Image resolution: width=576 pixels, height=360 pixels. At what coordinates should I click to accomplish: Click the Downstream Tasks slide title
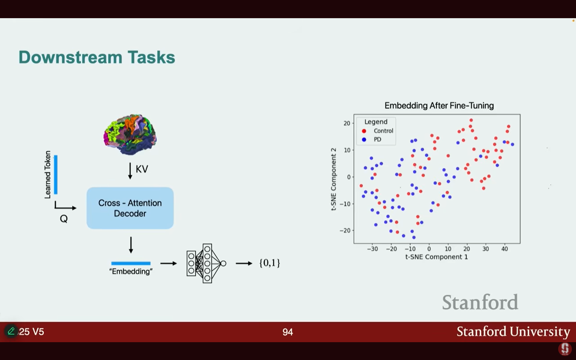click(x=97, y=57)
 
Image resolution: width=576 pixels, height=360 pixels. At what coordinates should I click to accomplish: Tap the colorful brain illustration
click(x=130, y=134)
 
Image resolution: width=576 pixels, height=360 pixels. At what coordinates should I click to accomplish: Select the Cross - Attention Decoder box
click(x=130, y=208)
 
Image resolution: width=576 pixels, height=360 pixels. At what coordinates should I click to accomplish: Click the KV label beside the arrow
click(x=142, y=169)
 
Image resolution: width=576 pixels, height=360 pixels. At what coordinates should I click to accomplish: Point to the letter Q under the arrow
click(x=64, y=219)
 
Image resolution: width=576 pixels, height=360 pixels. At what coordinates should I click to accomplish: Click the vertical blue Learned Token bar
click(x=56, y=175)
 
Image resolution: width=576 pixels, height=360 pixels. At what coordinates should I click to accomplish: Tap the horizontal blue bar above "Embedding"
click(x=131, y=263)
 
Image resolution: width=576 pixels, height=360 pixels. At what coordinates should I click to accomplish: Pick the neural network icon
click(x=206, y=263)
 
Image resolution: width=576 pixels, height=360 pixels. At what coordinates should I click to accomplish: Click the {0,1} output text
click(x=269, y=263)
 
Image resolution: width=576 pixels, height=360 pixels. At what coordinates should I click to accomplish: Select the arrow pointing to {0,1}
click(x=244, y=263)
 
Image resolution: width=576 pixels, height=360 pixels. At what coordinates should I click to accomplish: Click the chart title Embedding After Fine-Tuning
click(x=439, y=106)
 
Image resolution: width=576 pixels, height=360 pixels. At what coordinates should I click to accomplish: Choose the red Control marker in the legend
click(x=364, y=131)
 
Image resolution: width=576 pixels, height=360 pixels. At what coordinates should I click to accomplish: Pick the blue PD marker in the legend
click(x=364, y=139)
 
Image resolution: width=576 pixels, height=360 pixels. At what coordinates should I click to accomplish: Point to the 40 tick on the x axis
click(x=505, y=249)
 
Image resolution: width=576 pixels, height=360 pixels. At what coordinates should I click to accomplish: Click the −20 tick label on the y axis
click(x=345, y=230)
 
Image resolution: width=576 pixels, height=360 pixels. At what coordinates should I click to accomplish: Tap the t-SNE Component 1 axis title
click(x=437, y=257)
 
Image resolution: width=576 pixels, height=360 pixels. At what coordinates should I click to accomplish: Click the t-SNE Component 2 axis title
click(x=334, y=179)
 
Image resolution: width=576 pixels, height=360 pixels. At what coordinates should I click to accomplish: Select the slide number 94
click(x=288, y=332)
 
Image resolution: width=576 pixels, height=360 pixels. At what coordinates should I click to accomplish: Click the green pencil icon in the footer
click(x=11, y=331)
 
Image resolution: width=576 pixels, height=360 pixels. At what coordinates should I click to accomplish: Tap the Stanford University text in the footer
click(x=513, y=332)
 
